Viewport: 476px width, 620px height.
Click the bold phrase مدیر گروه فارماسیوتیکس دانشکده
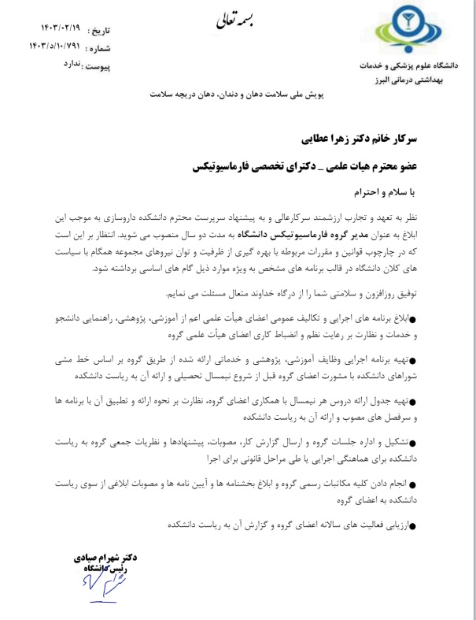point(313,234)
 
